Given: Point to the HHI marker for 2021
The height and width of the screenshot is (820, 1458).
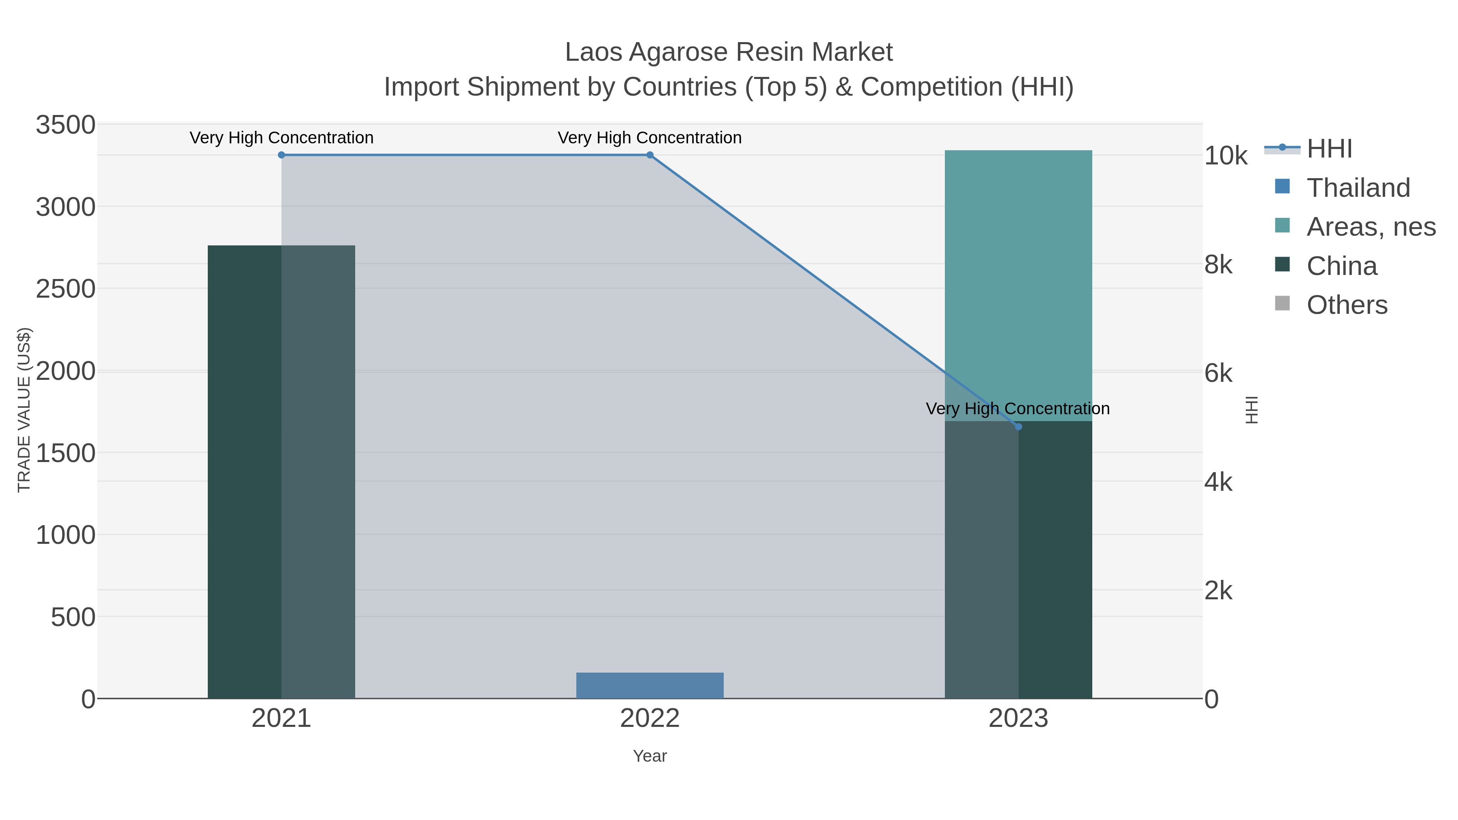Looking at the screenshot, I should click(x=281, y=155).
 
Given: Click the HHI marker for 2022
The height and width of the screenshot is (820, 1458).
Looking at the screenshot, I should click(x=650, y=155).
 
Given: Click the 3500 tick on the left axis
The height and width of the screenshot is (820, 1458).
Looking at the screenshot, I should click(x=66, y=125).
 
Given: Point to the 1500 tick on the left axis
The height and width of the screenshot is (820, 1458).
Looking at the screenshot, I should click(x=66, y=453).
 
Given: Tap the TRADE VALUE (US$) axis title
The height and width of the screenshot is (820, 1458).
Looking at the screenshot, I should click(x=24, y=410).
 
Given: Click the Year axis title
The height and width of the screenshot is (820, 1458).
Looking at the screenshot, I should click(x=650, y=756).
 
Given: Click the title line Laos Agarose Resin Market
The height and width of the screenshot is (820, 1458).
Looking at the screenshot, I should click(x=729, y=52).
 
